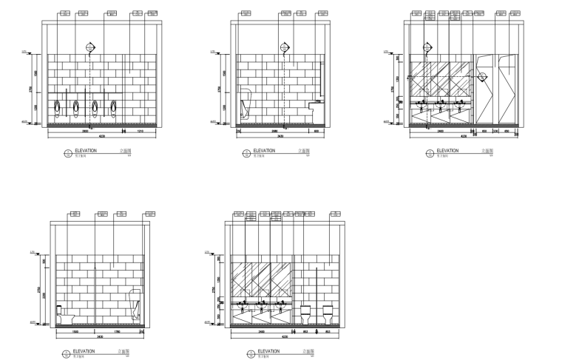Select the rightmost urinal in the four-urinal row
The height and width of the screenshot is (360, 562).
click(x=114, y=109)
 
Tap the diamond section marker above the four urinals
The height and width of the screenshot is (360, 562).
click(x=91, y=47)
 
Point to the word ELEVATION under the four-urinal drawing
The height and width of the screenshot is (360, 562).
click(x=84, y=150)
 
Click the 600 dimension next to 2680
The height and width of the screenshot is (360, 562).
click(x=316, y=131)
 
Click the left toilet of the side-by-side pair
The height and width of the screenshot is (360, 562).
click(x=305, y=314)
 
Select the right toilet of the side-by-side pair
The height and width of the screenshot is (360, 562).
click(x=327, y=314)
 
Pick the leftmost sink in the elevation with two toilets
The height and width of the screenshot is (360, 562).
click(x=242, y=304)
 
